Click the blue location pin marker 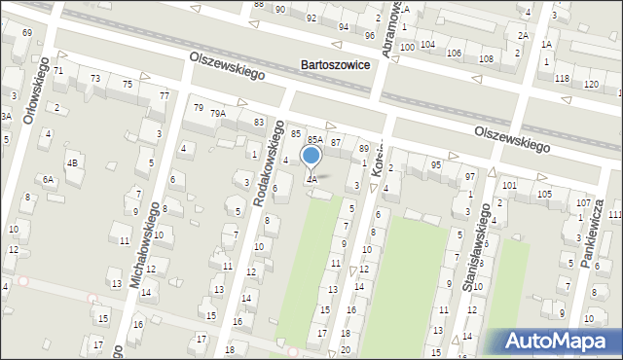point(311,156)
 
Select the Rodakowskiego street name point(268,163)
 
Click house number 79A point(218,113)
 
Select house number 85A point(314,139)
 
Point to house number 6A point(48,179)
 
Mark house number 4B point(72,162)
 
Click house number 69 point(26,33)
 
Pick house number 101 point(509,185)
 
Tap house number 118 point(561,77)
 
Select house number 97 point(470,176)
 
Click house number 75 point(128,85)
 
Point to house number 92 point(311,18)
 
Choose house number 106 point(455,52)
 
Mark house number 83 point(259,122)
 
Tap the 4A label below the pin point(311,179)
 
